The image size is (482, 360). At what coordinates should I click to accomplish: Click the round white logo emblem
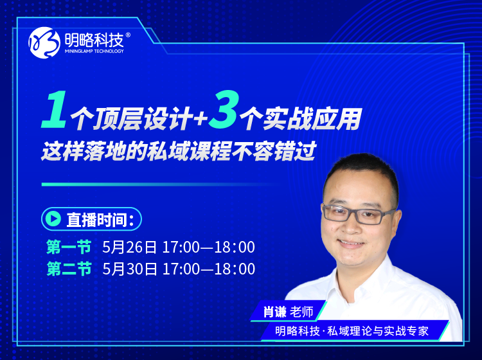tap(44, 42)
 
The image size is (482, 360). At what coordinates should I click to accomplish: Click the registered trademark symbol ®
tap(128, 35)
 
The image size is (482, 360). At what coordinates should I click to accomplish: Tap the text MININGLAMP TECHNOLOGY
tap(94, 51)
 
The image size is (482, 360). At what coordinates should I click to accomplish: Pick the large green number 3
tap(223, 109)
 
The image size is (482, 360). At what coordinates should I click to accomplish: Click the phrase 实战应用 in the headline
tap(312, 119)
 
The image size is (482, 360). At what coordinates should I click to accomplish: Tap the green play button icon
tap(53, 219)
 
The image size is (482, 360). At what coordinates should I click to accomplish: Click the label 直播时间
tap(97, 219)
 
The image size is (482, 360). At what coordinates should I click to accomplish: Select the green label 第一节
tap(69, 247)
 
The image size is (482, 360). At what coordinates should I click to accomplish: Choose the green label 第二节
tap(69, 269)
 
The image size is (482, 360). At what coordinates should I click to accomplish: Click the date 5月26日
tap(129, 247)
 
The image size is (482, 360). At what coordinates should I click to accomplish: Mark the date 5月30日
tap(129, 269)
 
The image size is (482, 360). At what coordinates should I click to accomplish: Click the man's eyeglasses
tap(358, 214)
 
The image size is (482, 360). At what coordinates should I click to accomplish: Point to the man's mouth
tap(351, 244)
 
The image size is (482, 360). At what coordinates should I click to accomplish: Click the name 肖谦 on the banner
tap(275, 312)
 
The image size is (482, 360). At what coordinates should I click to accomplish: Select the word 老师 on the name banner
tap(301, 312)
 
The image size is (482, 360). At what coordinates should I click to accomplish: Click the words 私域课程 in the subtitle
tap(189, 151)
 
